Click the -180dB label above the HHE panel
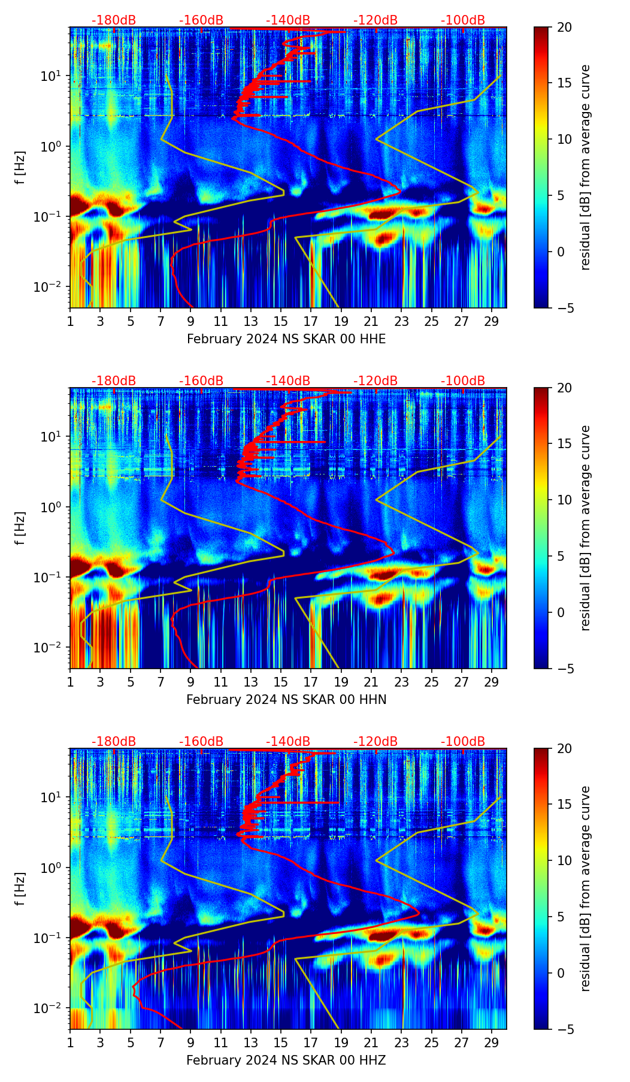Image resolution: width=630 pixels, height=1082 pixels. pyautogui.click(x=114, y=20)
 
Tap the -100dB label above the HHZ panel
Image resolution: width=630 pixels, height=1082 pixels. pyautogui.click(x=463, y=742)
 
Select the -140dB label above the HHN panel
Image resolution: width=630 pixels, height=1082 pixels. pyautogui.click(x=288, y=381)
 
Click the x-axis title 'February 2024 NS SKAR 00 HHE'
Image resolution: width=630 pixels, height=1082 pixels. pyautogui.click(x=286, y=339)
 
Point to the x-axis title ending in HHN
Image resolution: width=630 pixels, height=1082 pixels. pyautogui.click(x=286, y=700)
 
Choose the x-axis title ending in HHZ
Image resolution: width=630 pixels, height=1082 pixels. pyautogui.click(x=286, y=1060)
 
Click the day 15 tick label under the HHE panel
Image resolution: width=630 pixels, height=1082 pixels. pyautogui.click(x=281, y=321)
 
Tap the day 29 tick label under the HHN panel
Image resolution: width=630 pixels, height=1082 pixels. pyautogui.click(x=492, y=682)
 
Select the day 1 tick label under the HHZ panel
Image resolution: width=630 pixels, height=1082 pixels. pyautogui.click(x=71, y=1042)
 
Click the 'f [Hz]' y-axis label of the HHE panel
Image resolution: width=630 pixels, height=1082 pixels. pyautogui.click(x=20, y=168)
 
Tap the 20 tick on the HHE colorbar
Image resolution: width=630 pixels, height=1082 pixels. pyautogui.click(x=564, y=28)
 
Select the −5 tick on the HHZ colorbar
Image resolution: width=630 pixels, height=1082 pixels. pyautogui.click(x=564, y=1029)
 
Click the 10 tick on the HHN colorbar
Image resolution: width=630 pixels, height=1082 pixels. pyautogui.click(x=564, y=500)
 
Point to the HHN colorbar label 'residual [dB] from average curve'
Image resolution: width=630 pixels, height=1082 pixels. pyautogui.click(x=586, y=528)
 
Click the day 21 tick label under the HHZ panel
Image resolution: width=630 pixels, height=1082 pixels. pyautogui.click(x=371, y=1042)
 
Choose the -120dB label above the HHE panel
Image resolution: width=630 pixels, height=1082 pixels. pyautogui.click(x=375, y=20)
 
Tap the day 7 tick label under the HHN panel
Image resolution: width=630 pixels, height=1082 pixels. pyautogui.click(x=160, y=682)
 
